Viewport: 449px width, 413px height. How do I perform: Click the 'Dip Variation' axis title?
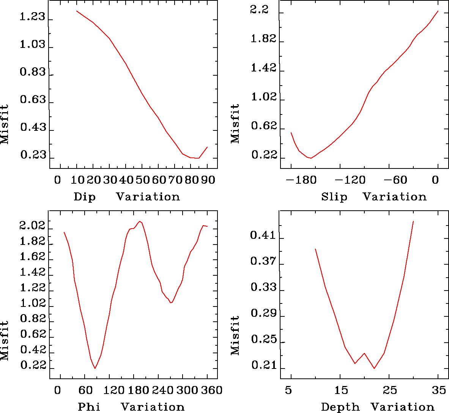126,197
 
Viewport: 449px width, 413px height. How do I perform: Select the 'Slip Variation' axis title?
373,197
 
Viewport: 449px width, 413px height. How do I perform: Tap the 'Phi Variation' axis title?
131,407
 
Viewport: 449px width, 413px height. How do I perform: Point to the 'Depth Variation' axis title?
377,407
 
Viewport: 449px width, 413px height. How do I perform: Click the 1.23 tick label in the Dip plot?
32,17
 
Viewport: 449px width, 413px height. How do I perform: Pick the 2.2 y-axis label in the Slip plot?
259,10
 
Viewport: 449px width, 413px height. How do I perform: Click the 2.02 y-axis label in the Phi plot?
32,227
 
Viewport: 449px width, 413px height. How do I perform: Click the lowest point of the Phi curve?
95,368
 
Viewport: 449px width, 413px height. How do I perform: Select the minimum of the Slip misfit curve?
311,158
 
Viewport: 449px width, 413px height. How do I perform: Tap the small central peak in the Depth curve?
364,353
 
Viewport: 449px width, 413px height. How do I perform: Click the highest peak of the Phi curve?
140,221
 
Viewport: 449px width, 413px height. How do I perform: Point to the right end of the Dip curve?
207,147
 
